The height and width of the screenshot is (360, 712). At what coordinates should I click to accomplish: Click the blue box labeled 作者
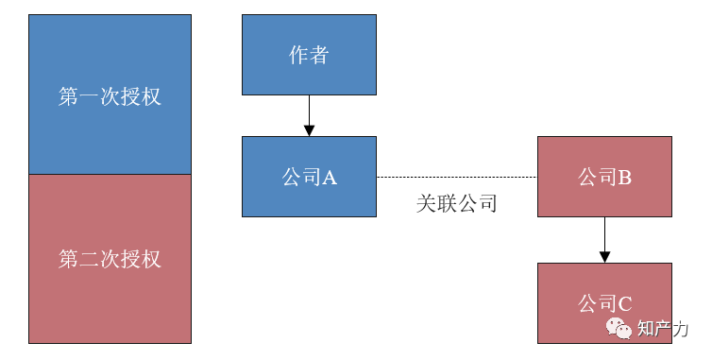click(309, 55)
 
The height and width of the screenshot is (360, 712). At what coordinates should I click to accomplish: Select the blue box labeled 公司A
click(309, 177)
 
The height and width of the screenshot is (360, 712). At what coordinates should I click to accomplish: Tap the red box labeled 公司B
click(604, 177)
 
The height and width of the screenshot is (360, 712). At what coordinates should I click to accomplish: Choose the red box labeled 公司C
click(604, 303)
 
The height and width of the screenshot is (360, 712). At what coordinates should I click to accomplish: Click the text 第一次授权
click(110, 97)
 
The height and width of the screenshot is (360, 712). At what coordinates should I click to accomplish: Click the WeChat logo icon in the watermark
click(619, 329)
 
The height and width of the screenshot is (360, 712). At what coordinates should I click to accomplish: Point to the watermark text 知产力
click(663, 329)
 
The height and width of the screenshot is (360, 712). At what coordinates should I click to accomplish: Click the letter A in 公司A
click(330, 178)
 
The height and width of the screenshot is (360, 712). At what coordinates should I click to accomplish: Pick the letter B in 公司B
click(624, 178)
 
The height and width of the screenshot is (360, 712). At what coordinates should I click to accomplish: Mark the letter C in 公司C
click(624, 304)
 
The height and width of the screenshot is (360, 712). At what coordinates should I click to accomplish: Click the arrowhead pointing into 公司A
click(309, 130)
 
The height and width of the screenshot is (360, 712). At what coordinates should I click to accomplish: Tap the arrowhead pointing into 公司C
click(604, 256)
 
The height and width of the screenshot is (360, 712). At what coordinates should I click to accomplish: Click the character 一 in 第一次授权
click(89, 97)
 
